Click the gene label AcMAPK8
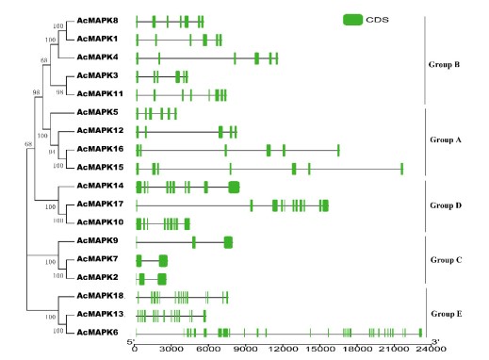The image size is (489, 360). pos(97,21)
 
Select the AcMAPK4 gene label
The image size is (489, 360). pos(97,57)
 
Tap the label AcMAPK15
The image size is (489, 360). pos(100,167)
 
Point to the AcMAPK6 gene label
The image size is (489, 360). pos(97,332)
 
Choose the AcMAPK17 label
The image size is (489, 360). pos(100,204)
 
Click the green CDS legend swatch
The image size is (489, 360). pos(352,20)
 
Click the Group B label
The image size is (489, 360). pos(444,65)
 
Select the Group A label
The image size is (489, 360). pos(446,139)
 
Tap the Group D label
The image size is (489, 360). pos(446,205)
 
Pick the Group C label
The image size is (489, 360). pos(446,260)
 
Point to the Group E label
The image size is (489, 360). pos(447,314)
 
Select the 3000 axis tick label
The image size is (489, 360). pos(171,349)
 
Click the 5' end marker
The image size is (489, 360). pos(131,342)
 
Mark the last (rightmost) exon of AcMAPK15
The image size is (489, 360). pos(402,169)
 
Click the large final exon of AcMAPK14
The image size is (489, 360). pos(234,188)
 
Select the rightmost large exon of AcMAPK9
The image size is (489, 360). pos(228,242)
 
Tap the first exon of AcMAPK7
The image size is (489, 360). pos(139,261)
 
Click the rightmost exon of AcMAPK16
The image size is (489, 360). pos(338,151)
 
